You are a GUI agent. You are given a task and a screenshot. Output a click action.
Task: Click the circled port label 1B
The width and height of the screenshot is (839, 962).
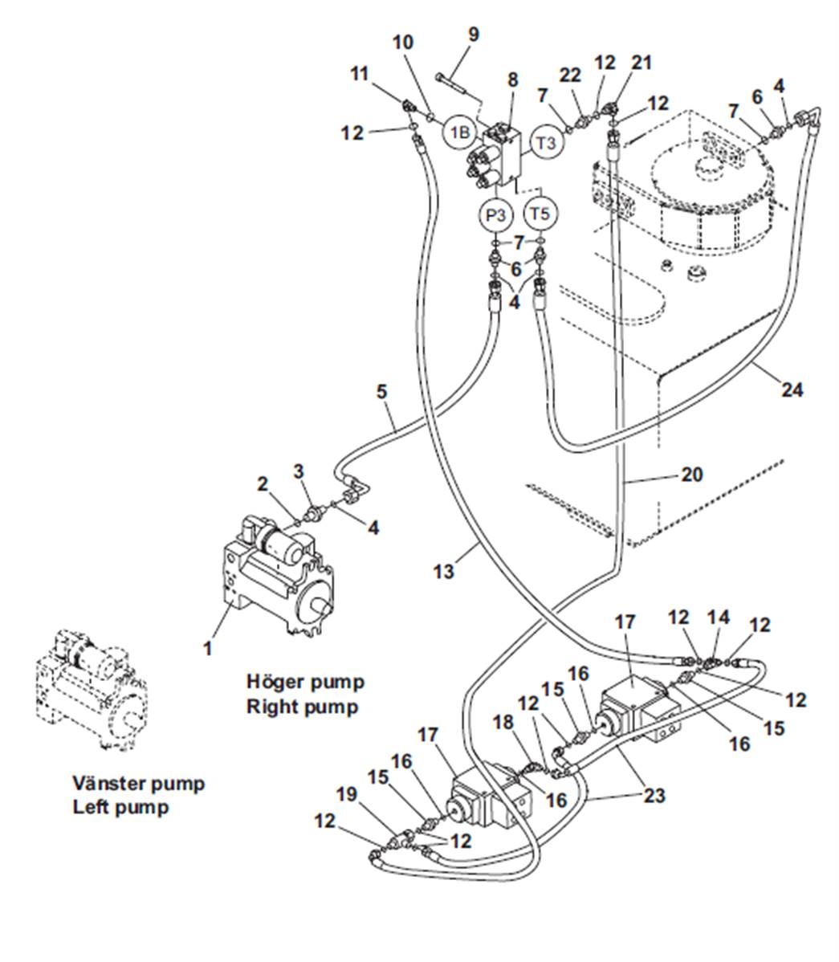pyautogui.click(x=459, y=132)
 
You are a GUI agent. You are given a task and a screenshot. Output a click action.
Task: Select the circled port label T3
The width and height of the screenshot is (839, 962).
pyautogui.click(x=546, y=143)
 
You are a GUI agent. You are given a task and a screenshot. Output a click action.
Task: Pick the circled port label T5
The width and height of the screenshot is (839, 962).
pyautogui.click(x=540, y=214)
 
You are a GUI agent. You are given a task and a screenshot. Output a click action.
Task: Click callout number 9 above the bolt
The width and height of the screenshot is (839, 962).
pyautogui.click(x=473, y=34)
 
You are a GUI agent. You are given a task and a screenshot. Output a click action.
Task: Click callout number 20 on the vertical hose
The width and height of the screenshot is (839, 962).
pyautogui.click(x=690, y=475)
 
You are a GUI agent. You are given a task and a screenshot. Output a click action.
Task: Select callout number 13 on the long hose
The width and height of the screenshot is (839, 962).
pyautogui.click(x=443, y=571)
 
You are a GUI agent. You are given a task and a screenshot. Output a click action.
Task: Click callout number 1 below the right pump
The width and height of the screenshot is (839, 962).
pyautogui.click(x=207, y=647)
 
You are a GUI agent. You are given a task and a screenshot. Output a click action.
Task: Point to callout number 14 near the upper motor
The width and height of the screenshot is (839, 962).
pyautogui.click(x=719, y=617)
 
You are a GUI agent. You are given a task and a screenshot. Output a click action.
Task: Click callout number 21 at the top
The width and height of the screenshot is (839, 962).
pyautogui.click(x=641, y=63)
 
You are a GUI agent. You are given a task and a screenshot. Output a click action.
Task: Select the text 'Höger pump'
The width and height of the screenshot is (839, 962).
pyautogui.click(x=305, y=682)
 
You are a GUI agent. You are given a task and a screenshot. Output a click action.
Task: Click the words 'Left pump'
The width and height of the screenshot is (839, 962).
pyautogui.click(x=121, y=806)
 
